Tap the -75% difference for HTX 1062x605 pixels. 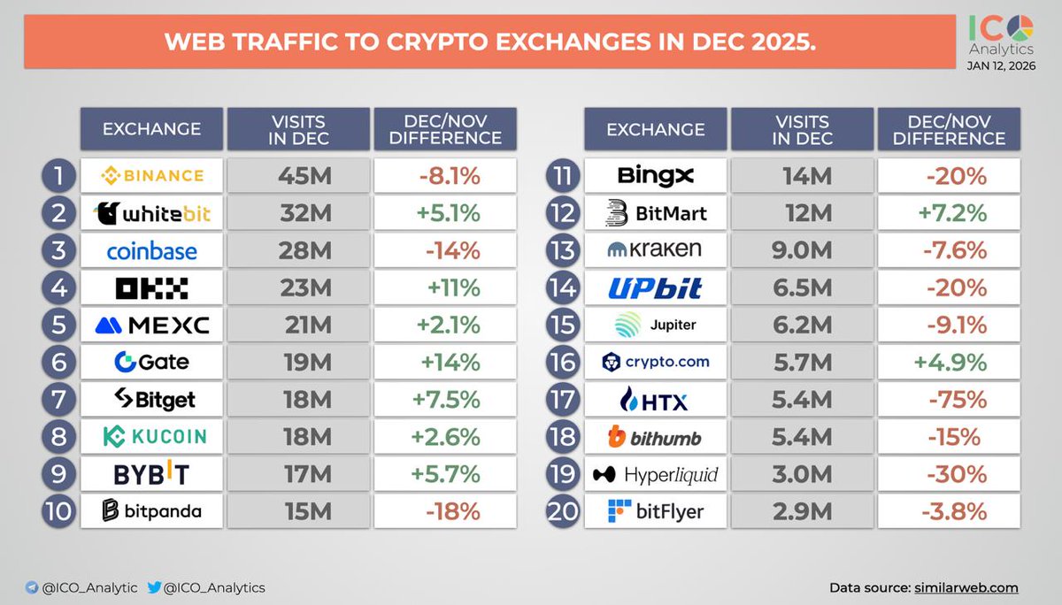coord(949,400)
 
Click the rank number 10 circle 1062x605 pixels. coord(58,511)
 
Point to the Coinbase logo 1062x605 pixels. coord(151,251)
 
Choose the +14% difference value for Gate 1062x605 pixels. coord(445,363)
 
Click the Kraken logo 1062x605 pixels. coord(655,250)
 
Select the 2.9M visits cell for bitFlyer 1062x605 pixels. coord(801,511)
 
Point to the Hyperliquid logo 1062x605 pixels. coord(655,475)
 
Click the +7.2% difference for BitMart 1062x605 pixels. coord(949,213)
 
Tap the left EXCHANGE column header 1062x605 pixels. coord(151,129)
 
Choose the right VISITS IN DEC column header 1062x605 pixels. coord(801,129)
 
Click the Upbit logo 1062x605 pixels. coord(655,288)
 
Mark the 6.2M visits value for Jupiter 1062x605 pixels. coord(801,325)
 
